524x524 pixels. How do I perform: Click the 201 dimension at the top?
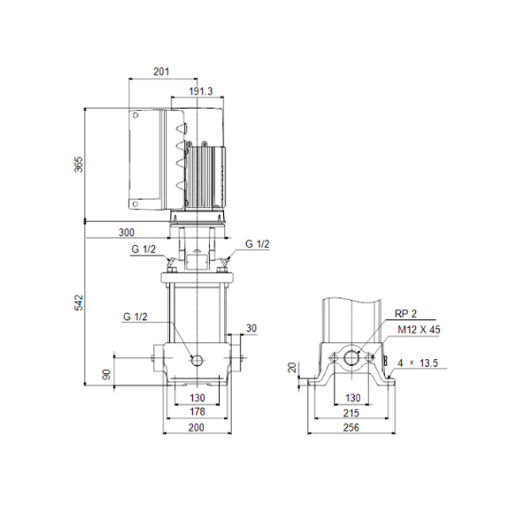tap(161, 71)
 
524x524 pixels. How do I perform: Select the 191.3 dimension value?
tap(201, 91)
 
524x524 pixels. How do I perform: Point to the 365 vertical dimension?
tap(78, 164)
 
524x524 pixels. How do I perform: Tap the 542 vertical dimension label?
tap(78, 302)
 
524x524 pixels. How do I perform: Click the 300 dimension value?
tap(127, 233)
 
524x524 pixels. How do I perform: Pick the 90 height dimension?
tap(106, 374)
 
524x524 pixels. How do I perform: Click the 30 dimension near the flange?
tap(252, 328)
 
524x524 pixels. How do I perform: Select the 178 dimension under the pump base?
tap(197, 411)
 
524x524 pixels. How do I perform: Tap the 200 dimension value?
tap(197, 427)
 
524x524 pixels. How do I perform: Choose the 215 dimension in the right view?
tap(351, 413)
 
